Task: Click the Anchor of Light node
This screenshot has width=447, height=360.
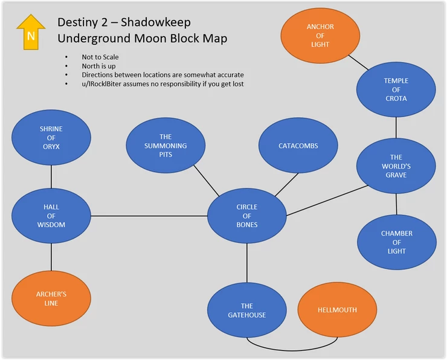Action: pos(320,36)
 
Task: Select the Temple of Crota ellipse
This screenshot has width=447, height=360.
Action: pos(396,89)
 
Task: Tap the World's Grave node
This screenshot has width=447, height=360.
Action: pos(396,166)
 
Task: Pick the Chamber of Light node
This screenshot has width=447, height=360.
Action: pos(397,242)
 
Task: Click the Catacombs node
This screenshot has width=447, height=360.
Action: pos(298,146)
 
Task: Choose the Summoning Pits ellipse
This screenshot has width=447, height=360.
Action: pos(166,146)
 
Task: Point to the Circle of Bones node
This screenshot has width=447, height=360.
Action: pos(246,216)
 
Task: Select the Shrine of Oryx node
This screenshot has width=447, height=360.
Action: pos(51,138)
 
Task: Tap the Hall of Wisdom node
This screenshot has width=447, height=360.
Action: pos(51,216)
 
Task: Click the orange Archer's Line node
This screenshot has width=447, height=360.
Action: pos(51,298)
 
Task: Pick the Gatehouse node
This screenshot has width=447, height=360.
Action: pos(246,310)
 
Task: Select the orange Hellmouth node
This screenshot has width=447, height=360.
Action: pos(337,310)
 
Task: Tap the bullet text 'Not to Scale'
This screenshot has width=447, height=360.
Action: pos(100,57)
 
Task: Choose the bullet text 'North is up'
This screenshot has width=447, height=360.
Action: pos(99,66)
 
